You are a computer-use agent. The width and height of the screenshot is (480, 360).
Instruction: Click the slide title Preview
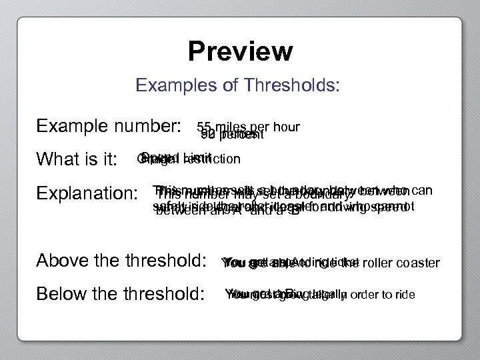point(240,51)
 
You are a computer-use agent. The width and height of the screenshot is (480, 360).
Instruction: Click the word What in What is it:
point(59,160)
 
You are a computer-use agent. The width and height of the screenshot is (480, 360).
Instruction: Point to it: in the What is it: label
point(106,160)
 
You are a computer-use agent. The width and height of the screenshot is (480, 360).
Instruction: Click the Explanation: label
point(87,194)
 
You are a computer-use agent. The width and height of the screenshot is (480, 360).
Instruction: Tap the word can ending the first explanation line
point(423,190)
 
